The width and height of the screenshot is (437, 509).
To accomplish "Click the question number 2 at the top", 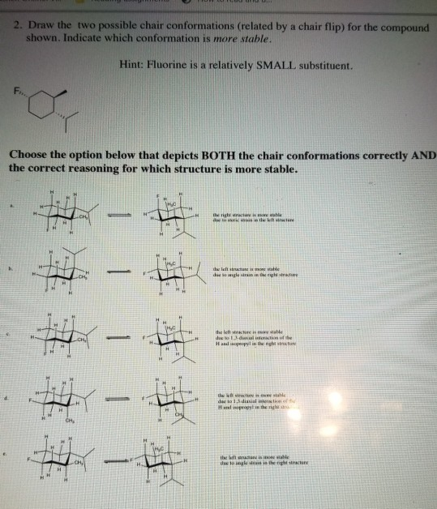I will (x=17, y=27).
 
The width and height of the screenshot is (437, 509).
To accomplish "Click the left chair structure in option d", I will (x=63, y=397).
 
